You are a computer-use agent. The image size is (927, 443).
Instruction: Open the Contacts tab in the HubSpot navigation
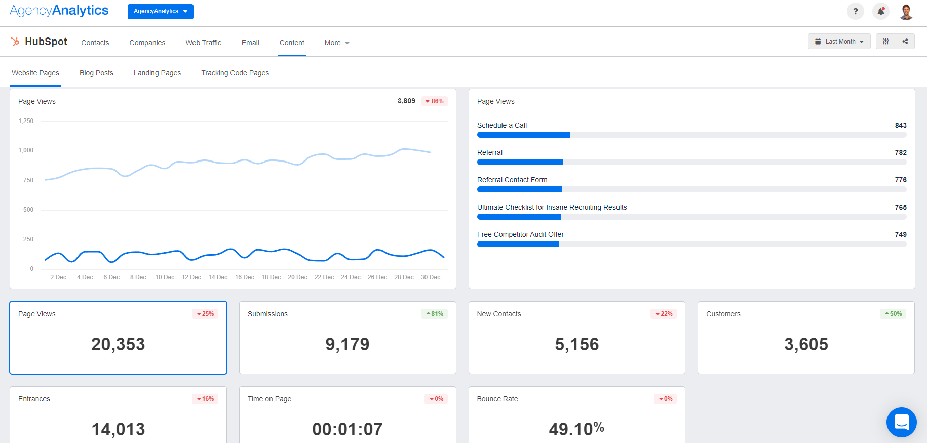(95, 43)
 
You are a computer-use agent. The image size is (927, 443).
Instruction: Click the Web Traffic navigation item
(203, 43)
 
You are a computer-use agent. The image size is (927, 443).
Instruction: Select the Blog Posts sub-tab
(96, 73)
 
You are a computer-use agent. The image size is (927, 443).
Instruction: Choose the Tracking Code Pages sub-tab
(235, 73)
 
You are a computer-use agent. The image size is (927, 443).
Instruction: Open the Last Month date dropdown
(839, 42)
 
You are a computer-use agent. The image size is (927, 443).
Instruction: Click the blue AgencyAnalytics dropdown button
(160, 11)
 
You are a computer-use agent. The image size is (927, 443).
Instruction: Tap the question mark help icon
(855, 11)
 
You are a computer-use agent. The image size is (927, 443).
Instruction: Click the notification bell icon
(881, 11)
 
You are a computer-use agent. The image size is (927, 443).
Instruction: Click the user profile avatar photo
(906, 11)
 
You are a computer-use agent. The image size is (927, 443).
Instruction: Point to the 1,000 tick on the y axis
(26, 150)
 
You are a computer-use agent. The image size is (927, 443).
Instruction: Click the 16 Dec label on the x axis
(245, 277)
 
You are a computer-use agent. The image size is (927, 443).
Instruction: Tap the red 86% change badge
(435, 101)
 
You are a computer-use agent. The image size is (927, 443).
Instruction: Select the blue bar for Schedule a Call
(523, 135)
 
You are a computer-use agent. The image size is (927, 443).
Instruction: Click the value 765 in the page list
(900, 207)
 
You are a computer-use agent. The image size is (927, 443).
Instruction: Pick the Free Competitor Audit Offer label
(520, 234)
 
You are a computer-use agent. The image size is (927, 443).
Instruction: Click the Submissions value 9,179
(347, 344)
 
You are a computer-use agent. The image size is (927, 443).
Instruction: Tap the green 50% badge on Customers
(893, 314)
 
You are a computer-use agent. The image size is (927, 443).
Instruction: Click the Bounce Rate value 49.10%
(576, 429)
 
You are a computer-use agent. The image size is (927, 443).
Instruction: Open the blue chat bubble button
(901, 422)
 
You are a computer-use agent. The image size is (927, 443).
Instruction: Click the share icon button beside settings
(905, 42)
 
